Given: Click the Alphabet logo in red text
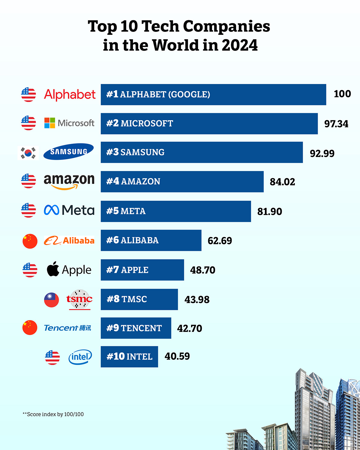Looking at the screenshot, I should (70, 94).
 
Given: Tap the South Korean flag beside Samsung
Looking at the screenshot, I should (28, 153).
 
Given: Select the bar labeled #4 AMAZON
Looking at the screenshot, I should (182, 181).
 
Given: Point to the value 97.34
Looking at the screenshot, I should (336, 124).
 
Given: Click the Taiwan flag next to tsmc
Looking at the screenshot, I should (52, 300).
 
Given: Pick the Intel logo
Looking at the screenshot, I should (80, 357).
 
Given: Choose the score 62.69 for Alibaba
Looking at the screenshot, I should (220, 241).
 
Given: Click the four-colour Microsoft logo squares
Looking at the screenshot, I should (49, 123).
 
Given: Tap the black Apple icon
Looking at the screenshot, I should (53, 269).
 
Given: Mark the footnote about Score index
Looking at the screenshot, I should (53, 414).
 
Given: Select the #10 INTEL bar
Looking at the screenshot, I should (129, 357).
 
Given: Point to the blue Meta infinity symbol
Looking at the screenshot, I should (52, 210).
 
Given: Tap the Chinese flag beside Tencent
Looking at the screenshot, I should (30, 328).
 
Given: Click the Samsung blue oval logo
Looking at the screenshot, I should (69, 151).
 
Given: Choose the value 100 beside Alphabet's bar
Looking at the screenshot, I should (342, 94).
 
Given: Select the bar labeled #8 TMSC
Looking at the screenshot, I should (139, 299).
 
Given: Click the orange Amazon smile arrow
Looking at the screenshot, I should (65, 187).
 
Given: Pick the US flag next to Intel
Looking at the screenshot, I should (52, 357).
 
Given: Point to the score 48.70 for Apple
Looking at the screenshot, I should (203, 270).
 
